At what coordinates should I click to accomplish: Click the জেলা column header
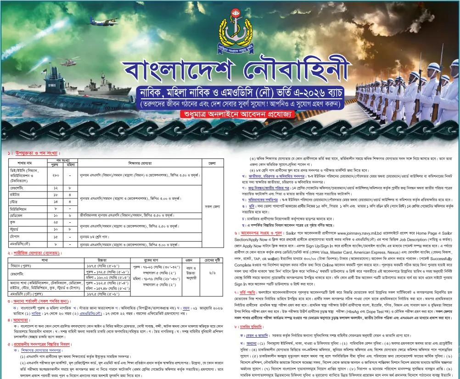click(212, 164)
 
